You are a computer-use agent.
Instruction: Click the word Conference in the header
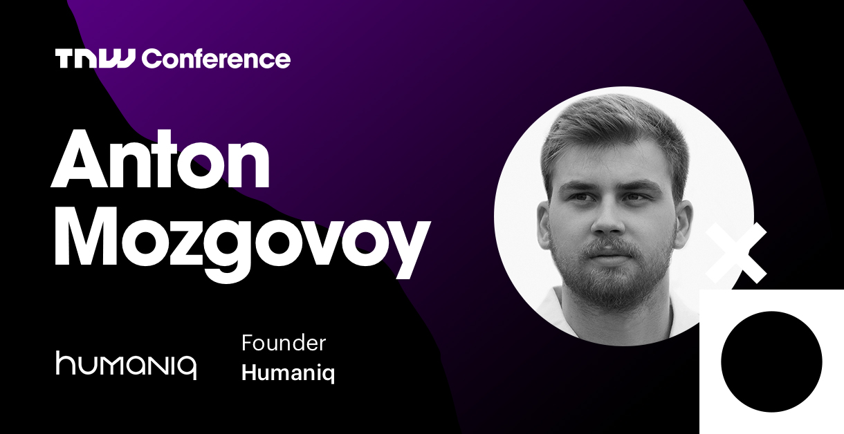217,59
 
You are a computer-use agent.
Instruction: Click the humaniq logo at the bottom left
126,364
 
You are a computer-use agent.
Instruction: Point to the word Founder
283,343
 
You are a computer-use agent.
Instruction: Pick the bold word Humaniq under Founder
288,373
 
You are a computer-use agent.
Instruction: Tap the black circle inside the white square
771,361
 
